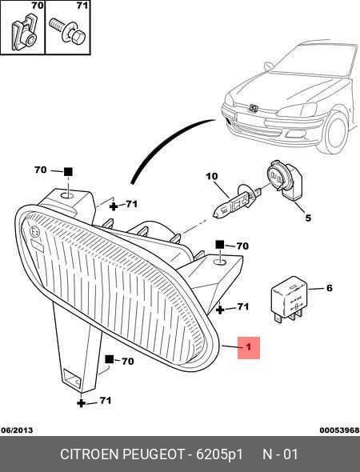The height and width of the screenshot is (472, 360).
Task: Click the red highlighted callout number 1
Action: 248,347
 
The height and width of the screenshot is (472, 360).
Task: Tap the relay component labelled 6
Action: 289,298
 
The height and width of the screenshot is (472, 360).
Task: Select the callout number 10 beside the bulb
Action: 212,176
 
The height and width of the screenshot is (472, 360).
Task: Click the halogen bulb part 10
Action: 236,201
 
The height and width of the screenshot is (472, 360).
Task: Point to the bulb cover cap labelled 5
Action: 285,180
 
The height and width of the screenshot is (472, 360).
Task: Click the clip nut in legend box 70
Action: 24,32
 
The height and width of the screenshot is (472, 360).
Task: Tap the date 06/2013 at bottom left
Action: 17,430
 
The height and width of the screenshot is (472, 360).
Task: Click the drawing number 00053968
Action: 339,430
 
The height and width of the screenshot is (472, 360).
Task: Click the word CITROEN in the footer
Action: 89,454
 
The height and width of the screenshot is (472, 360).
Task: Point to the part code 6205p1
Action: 219,454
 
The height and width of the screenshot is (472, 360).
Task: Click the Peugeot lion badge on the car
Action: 253,108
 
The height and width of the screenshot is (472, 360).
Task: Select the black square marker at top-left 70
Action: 68,171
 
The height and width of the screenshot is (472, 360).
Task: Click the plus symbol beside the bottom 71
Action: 81,403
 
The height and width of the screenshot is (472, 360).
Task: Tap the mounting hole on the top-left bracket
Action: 67,196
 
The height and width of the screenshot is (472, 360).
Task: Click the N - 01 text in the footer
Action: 281,454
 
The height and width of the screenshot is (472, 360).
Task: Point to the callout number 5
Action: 308,218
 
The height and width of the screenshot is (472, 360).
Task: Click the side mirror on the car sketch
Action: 268,66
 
